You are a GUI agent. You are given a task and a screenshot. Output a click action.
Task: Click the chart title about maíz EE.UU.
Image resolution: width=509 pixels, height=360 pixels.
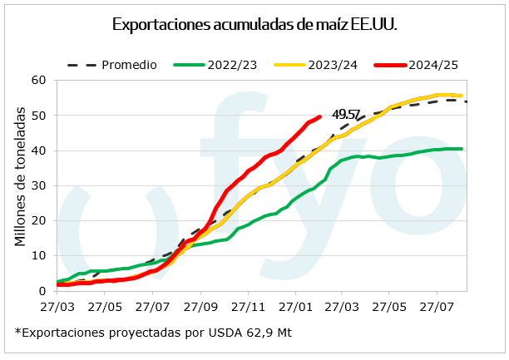[254, 24]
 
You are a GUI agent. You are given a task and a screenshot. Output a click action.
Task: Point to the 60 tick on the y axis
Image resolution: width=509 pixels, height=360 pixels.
[37, 80]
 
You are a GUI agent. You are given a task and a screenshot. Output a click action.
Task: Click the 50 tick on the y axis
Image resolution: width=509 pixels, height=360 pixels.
[37, 115]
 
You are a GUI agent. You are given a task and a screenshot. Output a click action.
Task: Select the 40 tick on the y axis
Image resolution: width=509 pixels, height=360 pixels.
[37, 150]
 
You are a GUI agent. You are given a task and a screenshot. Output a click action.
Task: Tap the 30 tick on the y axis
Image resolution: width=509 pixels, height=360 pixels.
[37, 185]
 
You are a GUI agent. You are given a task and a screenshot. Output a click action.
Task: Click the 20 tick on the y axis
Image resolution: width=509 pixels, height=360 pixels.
[37, 220]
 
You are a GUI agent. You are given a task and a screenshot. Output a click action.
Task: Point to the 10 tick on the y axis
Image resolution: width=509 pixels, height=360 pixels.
[37, 255]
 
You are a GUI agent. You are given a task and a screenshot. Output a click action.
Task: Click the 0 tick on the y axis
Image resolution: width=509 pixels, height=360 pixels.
[41, 291]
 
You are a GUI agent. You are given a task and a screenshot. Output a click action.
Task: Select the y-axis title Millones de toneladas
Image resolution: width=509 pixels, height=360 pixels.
[19, 185]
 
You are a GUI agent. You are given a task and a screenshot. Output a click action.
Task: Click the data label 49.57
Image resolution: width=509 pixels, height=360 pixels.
[346, 115]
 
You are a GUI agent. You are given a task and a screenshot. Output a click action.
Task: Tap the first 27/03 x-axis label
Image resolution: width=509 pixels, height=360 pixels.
[57, 305]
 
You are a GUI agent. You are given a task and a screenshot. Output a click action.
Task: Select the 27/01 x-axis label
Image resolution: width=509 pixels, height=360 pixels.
[298, 305]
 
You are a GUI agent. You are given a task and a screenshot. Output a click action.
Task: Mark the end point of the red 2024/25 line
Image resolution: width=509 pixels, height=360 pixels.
[320, 117]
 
